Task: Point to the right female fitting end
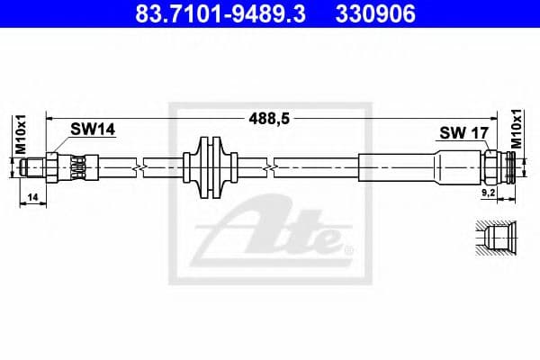pos(509,166)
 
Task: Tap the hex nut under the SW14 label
pos(53,166)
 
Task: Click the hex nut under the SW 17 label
pos(491,166)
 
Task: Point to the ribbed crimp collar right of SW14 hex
pos(78,166)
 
